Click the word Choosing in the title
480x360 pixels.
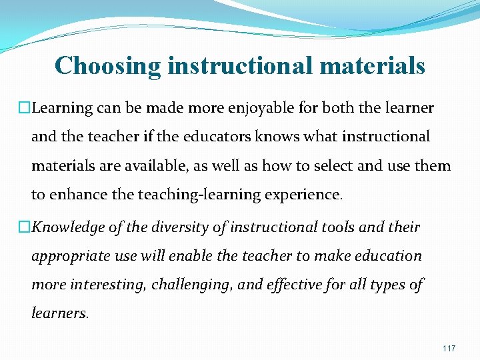tap(107, 66)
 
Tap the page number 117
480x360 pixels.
tap(448, 349)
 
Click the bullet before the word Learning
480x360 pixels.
tap(25, 108)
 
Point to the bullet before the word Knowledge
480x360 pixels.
tap(25, 228)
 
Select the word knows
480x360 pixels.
tap(286, 137)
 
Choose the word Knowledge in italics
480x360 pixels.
tap(69, 228)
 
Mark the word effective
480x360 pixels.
tap(301, 285)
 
